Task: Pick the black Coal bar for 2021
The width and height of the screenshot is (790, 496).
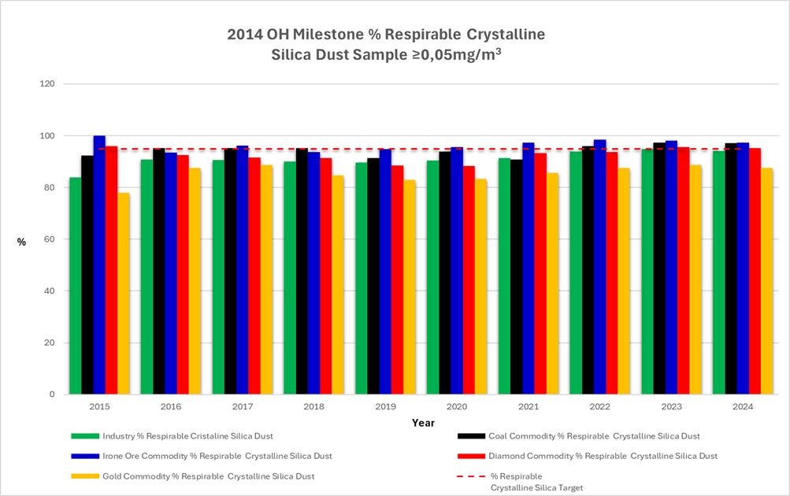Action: (516, 276)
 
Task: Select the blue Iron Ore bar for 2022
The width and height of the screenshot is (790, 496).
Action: (599, 267)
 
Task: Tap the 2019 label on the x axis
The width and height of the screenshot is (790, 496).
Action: (385, 407)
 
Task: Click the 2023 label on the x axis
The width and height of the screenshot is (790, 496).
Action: (671, 407)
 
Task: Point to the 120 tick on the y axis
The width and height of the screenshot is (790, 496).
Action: (49, 83)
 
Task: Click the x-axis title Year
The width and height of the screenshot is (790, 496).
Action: (423, 423)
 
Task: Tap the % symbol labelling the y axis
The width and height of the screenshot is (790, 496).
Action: (21, 242)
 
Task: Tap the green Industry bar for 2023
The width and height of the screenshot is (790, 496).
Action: (647, 271)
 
